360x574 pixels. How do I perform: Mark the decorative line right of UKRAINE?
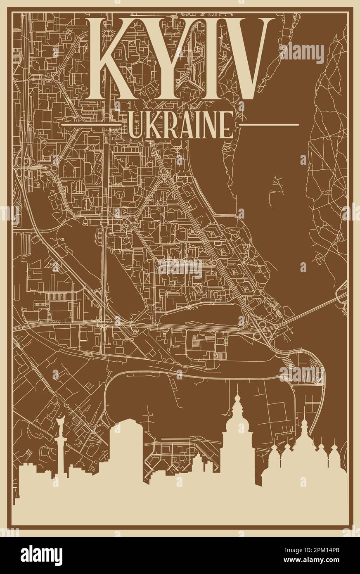tap(269, 124)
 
